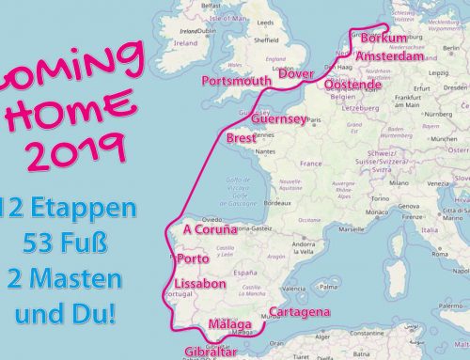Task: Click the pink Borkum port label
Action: point(384,39)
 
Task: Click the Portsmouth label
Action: point(236,82)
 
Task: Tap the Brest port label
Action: point(242,139)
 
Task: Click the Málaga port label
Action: point(229,325)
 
